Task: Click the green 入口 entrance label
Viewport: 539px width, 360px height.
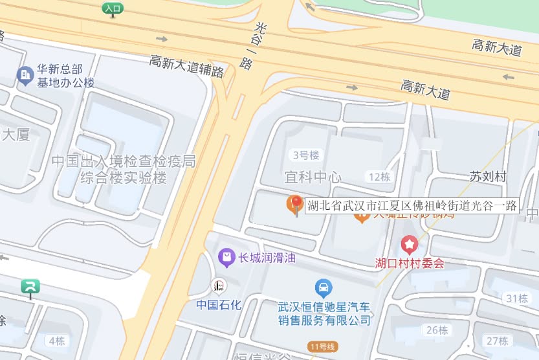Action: tap(113, 8)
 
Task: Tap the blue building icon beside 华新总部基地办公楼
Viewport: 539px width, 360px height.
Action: tap(25, 76)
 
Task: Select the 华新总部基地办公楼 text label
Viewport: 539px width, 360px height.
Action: tap(65, 76)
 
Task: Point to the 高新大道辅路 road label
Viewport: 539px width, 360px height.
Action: tap(186, 66)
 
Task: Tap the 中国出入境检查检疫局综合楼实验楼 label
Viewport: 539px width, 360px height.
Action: tap(123, 169)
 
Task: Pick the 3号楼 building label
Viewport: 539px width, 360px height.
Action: tap(306, 155)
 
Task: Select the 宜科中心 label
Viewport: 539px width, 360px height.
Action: tap(313, 177)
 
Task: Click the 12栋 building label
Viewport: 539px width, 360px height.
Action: tap(379, 177)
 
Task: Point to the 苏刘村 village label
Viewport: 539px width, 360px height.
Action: tap(487, 177)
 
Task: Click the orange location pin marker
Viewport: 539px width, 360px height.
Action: tap(295, 205)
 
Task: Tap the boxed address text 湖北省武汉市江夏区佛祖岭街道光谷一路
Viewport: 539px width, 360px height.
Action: tap(412, 207)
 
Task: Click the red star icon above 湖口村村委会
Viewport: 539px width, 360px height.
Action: tap(410, 245)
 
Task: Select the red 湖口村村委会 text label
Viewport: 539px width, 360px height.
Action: tap(410, 264)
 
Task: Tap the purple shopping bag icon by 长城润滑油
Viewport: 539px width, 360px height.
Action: tap(226, 258)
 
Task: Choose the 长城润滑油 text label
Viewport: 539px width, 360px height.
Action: tap(267, 258)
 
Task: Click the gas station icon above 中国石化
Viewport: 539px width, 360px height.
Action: tap(219, 286)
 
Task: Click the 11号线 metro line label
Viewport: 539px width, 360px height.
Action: tap(322, 346)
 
